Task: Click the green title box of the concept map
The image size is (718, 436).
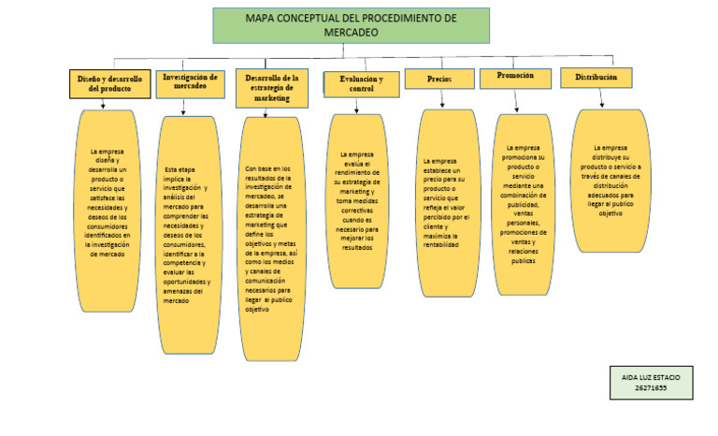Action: pos(351,25)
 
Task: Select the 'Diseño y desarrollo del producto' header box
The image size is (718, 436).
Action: pos(108,84)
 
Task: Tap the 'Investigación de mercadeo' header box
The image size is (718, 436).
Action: pos(190,82)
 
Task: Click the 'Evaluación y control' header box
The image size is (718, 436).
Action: pos(361,83)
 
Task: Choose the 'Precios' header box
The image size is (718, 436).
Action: pos(439,80)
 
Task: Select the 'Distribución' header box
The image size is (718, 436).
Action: pos(596,78)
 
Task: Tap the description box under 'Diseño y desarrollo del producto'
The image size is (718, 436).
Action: pos(108,211)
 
